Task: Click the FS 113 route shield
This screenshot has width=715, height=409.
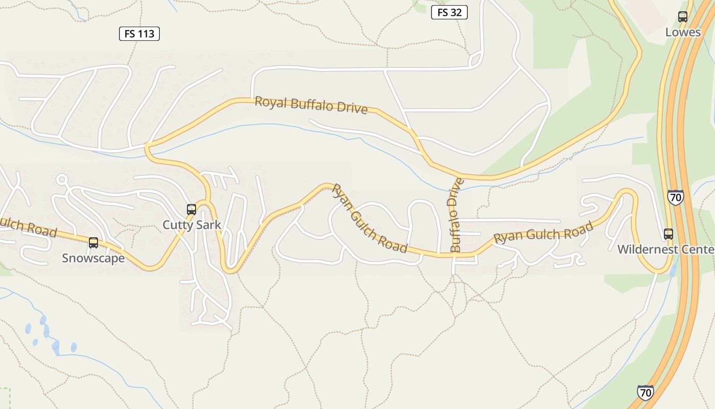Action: point(139,34)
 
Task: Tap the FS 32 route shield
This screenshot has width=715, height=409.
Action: point(449,12)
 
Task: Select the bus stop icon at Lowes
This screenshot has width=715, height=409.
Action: point(683,17)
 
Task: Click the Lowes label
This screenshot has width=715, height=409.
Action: point(683,32)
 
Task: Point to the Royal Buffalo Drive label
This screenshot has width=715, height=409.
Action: point(311,105)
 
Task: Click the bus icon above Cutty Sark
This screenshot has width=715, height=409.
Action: point(192,209)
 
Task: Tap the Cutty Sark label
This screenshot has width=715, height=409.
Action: point(192,224)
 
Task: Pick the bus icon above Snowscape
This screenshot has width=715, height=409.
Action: point(93,243)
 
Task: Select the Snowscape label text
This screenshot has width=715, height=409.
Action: point(93,258)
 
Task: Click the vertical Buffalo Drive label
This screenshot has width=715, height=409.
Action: point(456,215)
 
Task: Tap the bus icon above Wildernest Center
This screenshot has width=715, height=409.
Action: point(669,234)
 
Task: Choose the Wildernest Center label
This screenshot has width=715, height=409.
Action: point(665,249)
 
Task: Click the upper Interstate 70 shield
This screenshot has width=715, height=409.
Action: point(675,197)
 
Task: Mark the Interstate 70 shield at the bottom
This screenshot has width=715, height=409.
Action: point(646,392)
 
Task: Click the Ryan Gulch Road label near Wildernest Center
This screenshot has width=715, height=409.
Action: point(543,233)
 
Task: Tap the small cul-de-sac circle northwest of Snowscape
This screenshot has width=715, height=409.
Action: point(62,179)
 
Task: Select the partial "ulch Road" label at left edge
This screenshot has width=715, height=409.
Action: point(28,227)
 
